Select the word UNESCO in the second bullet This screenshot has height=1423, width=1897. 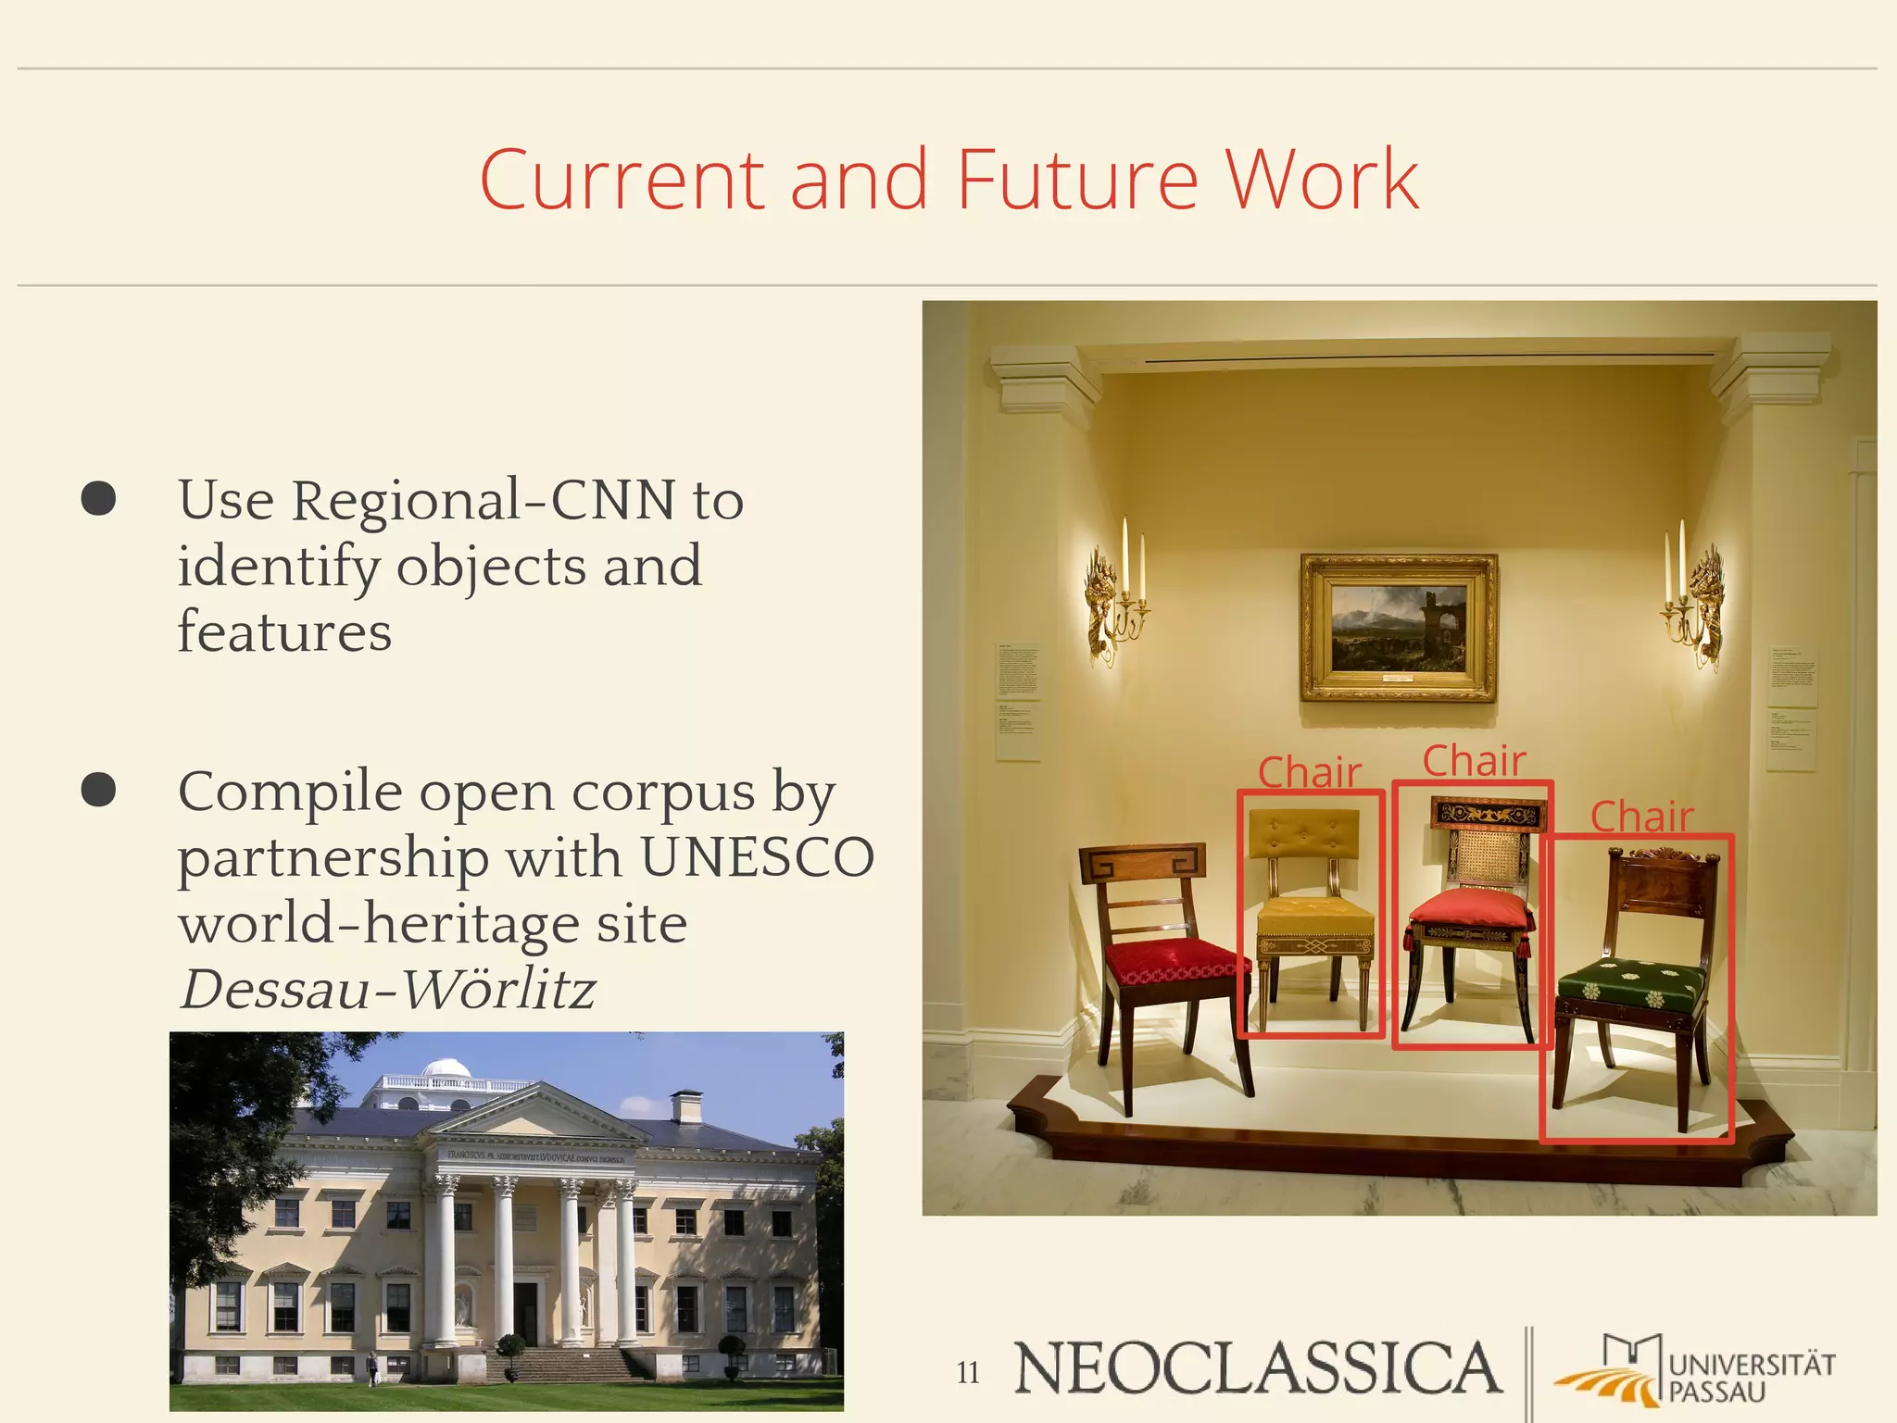[x=757, y=857]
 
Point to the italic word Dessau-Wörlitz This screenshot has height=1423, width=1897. [x=387, y=989]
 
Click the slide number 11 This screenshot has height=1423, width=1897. [x=968, y=1372]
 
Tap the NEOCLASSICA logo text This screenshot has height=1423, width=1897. [x=1257, y=1368]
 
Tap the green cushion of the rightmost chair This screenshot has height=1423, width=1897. [x=1632, y=981]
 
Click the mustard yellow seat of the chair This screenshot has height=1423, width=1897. [x=1313, y=917]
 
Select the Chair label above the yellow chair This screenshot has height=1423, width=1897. [x=1309, y=772]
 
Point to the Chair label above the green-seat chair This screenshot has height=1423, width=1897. [x=1641, y=817]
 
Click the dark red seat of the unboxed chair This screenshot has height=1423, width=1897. [x=1172, y=961]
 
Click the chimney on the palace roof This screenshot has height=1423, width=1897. [x=686, y=1105]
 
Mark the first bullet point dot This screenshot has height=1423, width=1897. [x=98, y=498]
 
